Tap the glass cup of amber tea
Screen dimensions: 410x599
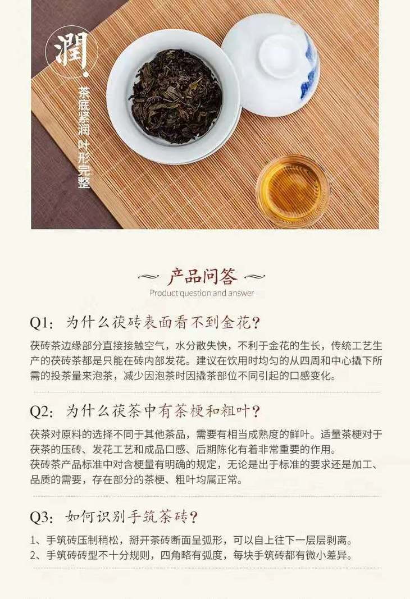[293, 190]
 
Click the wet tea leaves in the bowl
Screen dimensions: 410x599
[176, 97]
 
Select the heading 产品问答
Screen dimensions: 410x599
[202, 277]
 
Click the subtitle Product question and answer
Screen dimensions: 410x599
[202, 294]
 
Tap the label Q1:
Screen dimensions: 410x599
[42, 323]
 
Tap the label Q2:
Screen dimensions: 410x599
[42, 411]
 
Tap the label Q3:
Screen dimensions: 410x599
[42, 517]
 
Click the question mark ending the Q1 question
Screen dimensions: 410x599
[257, 323]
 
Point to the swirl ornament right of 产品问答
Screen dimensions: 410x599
[254, 277]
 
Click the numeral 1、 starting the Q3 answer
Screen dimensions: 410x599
[37, 541]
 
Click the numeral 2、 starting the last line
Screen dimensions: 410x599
[37, 555]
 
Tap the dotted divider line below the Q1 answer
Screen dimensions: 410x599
[206, 392]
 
